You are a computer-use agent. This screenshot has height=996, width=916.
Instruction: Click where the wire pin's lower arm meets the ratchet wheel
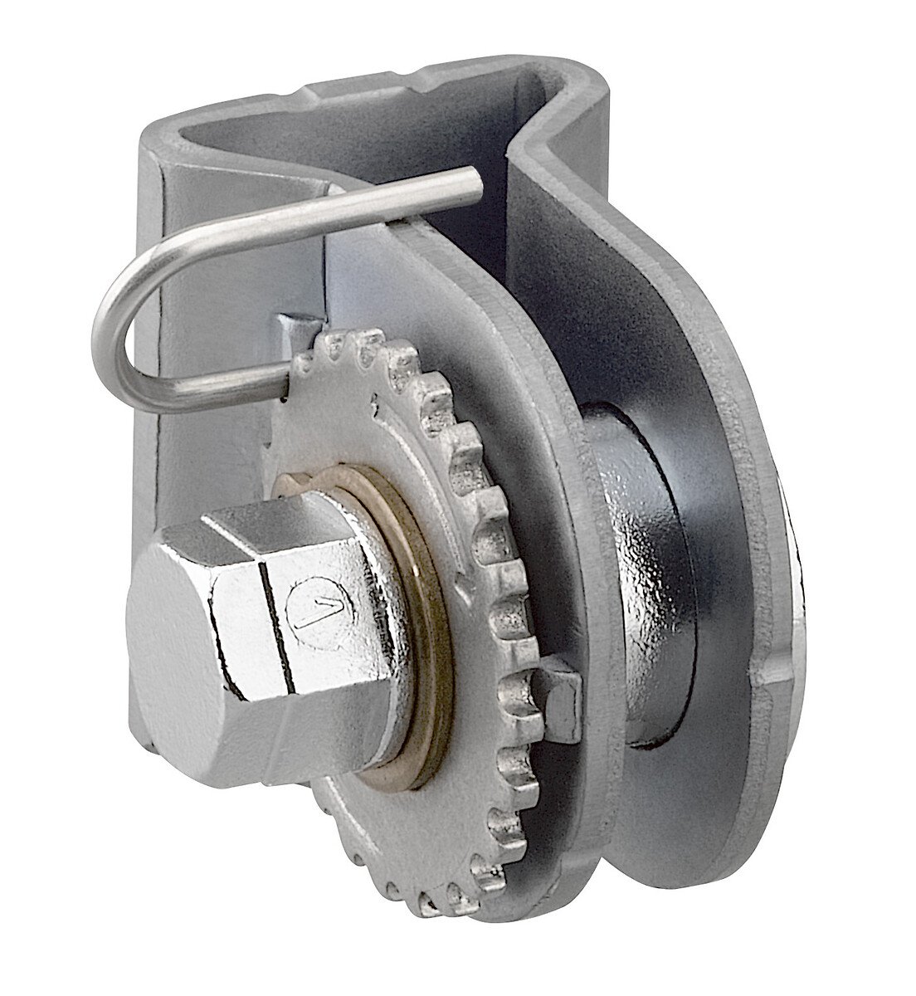click(x=286, y=383)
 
